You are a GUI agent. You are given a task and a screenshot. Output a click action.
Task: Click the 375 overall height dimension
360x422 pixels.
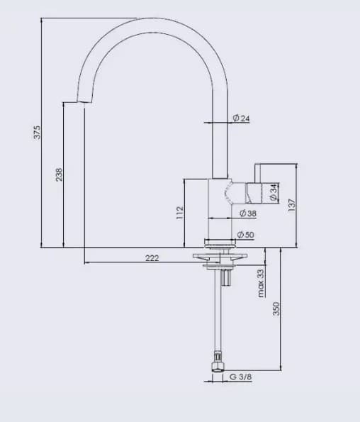click(38, 132)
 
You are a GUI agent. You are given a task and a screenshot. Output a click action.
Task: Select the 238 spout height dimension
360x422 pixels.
click(60, 174)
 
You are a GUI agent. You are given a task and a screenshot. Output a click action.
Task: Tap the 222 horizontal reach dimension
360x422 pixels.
click(152, 257)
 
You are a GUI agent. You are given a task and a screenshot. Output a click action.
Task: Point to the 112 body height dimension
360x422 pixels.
click(180, 212)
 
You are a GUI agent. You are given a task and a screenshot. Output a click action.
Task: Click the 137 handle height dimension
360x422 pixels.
click(291, 204)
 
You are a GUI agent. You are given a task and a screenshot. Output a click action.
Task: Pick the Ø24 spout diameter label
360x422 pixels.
click(241, 118)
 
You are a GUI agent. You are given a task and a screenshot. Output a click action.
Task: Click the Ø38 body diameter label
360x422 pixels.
click(247, 213)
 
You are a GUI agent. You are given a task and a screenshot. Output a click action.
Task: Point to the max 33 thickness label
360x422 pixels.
click(260, 282)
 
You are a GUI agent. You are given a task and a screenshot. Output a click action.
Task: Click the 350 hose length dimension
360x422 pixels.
click(277, 309)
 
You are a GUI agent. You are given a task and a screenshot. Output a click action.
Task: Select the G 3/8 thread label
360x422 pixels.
click(240, 378)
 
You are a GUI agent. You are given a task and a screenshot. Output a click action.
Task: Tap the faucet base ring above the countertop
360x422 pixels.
click(219, 241)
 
